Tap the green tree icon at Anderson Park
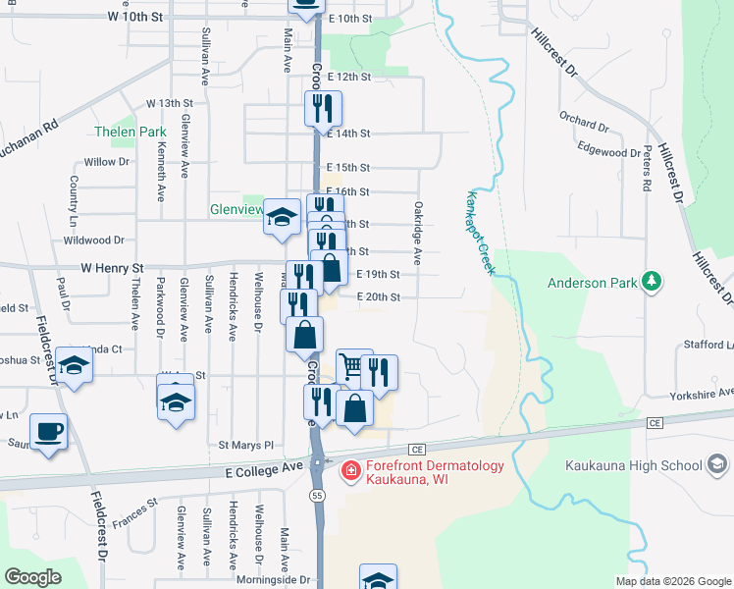pyautogui.click(x=650, y=284)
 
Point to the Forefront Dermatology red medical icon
pyautogui.click(x=348, y=473)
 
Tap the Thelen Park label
pyautogui.click(x=131, y=132)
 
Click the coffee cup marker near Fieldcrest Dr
pyautogui.click(x=48, y=431)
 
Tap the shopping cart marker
pyautogui.click(x=353, y=367)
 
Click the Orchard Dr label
pyautogui.click(x=584, y=124)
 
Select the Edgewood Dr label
pyautogui.click(x=608, y=152)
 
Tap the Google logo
pyautogui.click(x=33, y=577)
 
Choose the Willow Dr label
pyautogui.click(x=107, y=162)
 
